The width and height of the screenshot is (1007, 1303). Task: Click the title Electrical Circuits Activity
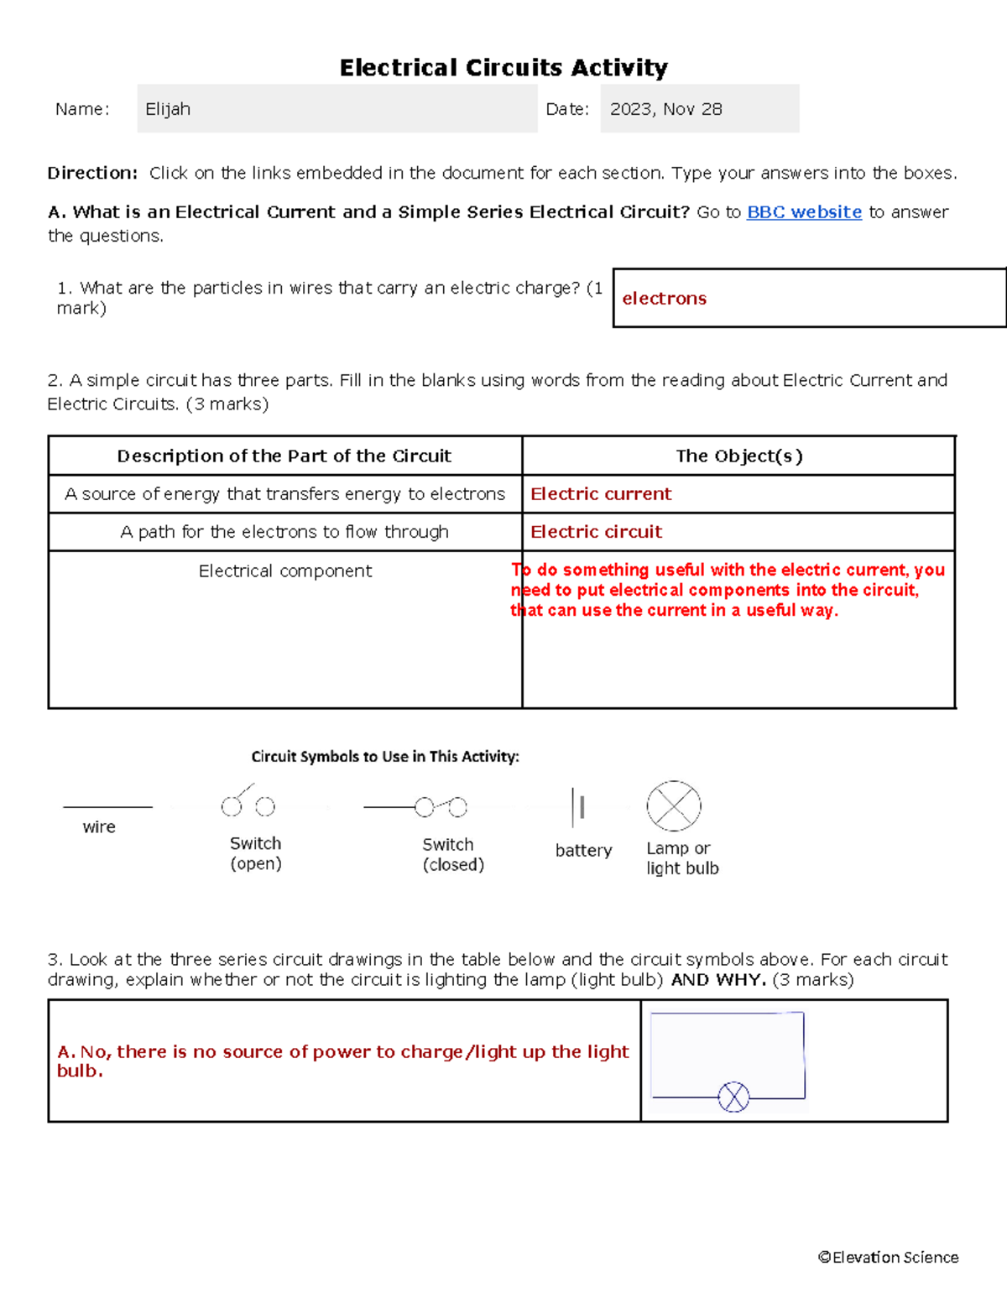[x=503, y=67]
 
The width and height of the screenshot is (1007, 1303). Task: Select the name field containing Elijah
[x=337, y=109]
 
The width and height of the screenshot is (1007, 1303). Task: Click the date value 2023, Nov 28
[x=665, y=109]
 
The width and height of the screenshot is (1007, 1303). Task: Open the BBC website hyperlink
[x=804, y=212]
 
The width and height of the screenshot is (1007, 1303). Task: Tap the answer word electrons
[x=664, y=299]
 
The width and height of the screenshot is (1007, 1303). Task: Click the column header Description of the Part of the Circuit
[x=284, y=456]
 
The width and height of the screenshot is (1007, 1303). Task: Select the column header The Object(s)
[x=738, y=456]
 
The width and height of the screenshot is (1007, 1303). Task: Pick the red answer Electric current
[x=601, y=494]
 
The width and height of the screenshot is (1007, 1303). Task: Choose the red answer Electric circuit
[x=596, y=532]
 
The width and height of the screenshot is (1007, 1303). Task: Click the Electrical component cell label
[x=285, y=571]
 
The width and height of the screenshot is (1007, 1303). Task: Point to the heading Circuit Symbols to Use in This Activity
[x=385, y=757]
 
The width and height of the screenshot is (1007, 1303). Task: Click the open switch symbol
[x=248, y=803]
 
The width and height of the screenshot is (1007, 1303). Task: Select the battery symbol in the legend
[x=577, y=808]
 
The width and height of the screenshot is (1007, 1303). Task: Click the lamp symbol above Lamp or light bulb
[x=674, y=806]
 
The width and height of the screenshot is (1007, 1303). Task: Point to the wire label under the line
[x=99, y=827]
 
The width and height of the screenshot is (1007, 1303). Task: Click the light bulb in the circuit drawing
[x=733, y=1097]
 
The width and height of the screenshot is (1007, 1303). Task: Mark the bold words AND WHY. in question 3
[x=718, y=980]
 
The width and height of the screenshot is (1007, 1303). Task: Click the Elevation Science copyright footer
[x=888, y=1258]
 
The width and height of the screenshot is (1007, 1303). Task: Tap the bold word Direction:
[x=92, y=174]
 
